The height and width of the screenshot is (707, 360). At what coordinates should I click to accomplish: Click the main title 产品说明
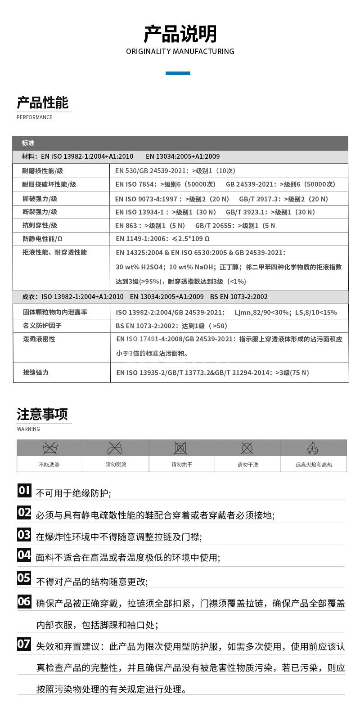(180, 34)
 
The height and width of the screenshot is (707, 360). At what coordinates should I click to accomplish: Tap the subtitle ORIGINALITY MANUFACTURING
(180, 51)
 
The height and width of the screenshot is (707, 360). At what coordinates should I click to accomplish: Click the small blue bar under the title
(178, 73)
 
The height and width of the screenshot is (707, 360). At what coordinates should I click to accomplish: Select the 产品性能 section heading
(43, 103)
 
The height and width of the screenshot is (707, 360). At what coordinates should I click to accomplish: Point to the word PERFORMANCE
(35, 117)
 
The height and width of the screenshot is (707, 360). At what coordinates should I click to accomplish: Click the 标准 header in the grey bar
(28, 143)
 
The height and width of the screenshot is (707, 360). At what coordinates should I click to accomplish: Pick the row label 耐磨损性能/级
(43, 171)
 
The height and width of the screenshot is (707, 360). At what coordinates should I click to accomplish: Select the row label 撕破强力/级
(40, 199)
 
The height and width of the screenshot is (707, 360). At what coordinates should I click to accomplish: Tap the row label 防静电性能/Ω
(43, 239)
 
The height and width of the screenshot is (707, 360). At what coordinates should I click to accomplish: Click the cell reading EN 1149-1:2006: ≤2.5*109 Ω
(162, 239)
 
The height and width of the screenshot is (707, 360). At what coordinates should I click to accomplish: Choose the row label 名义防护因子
(42, 326)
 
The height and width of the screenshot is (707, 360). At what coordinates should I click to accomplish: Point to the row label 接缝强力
(36, 372)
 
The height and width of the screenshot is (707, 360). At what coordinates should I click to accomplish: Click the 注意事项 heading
(42, 414)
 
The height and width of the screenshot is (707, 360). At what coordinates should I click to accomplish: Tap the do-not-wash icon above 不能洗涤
(50, 448)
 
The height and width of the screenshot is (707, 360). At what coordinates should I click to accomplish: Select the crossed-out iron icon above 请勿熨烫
(115, 448)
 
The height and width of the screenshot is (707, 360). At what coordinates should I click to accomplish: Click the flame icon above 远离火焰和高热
(313, 448)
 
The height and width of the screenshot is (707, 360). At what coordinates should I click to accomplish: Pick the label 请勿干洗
(247, 465)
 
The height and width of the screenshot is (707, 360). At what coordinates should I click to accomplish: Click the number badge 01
(24, 490)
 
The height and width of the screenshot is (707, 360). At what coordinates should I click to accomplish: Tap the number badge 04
(24, 555)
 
